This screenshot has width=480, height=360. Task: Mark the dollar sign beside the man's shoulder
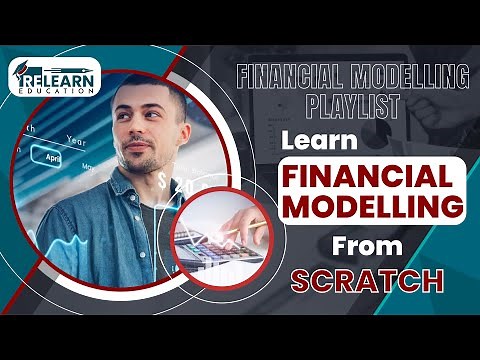162,181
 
